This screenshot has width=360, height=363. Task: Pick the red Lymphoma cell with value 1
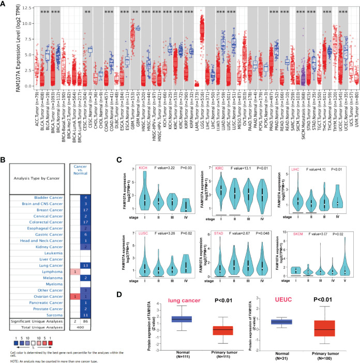[74, 257]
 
